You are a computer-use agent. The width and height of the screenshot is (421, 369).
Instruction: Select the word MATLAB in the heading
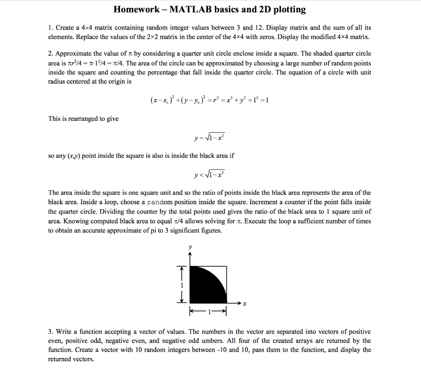click(190, 9)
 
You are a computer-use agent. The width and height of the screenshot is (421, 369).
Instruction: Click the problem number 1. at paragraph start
click(51, 28)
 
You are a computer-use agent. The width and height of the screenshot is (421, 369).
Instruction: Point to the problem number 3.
click(51, 332)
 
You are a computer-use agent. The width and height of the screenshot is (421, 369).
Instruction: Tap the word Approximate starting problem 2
click(74, 54)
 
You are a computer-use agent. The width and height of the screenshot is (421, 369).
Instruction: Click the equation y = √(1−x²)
click(210, 137)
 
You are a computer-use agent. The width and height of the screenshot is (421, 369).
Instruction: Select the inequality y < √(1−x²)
click(210, 175)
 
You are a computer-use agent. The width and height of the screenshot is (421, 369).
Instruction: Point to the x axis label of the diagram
click(244, 304)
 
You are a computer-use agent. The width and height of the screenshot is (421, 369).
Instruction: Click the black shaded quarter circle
click(204, 288)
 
